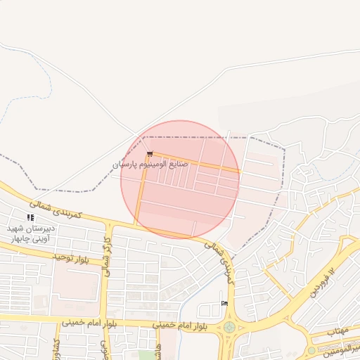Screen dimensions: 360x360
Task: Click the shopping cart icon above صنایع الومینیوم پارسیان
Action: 148,155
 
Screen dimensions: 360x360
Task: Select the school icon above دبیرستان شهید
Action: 30,218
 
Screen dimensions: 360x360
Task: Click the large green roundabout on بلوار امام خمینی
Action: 230,328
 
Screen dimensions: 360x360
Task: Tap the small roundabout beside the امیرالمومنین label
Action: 311,350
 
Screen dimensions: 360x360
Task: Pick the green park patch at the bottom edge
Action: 146,355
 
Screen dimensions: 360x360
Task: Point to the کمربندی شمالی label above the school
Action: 62,207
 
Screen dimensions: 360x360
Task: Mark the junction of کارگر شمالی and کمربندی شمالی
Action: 110,224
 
